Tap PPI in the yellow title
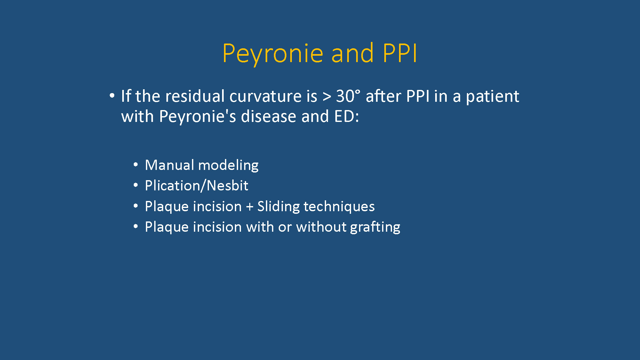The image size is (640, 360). (400, 53)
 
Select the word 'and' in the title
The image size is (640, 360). (353, 53)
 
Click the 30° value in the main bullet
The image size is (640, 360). (348, 96)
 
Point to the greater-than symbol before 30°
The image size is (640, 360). (327, 97)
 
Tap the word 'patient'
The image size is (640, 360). (492, 97)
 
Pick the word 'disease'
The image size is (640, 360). (269, 116)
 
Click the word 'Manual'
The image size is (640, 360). (169, 165)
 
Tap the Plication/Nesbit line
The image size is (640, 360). (196, 186)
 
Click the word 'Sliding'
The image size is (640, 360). (278, 207)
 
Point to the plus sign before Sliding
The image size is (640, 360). (250, 207)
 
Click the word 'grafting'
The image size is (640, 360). (375, 228)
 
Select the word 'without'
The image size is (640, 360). (321, 227)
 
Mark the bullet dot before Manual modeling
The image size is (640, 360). (136, 165)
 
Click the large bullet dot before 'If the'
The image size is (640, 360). (112, 95)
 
